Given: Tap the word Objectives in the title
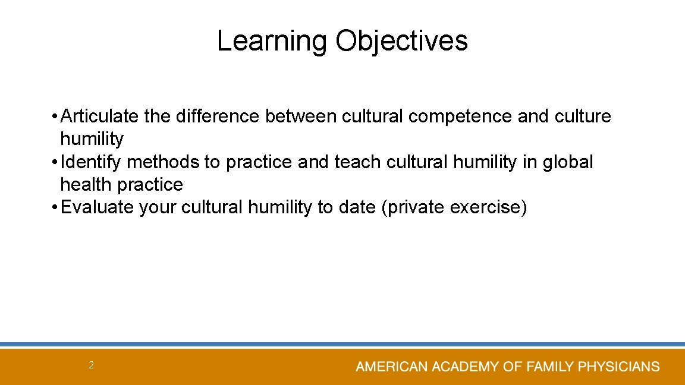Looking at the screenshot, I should click(401, 42).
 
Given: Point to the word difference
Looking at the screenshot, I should click(218, 116).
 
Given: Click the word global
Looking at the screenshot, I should click(568, 162).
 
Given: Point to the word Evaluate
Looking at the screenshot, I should click(98, 208).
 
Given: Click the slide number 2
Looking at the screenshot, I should click(91, 365).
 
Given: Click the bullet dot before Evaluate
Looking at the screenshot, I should click(54, 208).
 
